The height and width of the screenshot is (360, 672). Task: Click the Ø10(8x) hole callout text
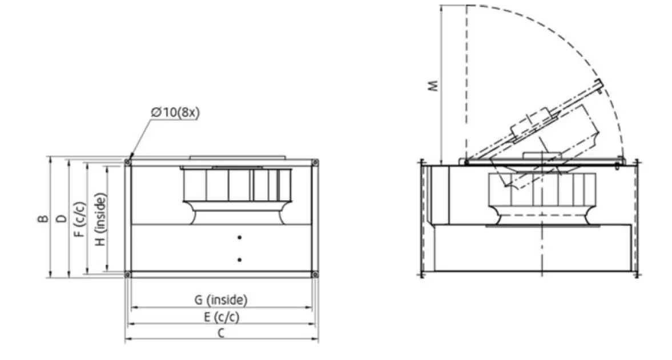pos(175,112)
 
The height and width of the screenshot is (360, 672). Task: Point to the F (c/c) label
pos(79,219)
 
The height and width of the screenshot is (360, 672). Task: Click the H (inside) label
pos(99,220)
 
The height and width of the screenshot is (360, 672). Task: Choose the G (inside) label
pos(221,299)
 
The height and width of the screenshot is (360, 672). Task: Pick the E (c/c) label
pos(221,316)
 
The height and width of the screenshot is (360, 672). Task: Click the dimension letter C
pos(221,333)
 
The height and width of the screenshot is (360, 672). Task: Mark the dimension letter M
pos(433,86)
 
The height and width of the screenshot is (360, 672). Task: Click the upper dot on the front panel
pos(240,237)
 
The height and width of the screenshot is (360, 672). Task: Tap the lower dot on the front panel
pos(240,260)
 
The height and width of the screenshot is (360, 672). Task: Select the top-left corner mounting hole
pos(128,163)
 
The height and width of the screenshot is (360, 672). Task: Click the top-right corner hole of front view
pos(315,163)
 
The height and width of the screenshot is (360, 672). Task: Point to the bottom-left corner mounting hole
pos(128,274)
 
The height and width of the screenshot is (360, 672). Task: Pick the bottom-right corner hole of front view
pos(315,274)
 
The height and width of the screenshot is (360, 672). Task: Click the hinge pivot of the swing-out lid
pos(466,162)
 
